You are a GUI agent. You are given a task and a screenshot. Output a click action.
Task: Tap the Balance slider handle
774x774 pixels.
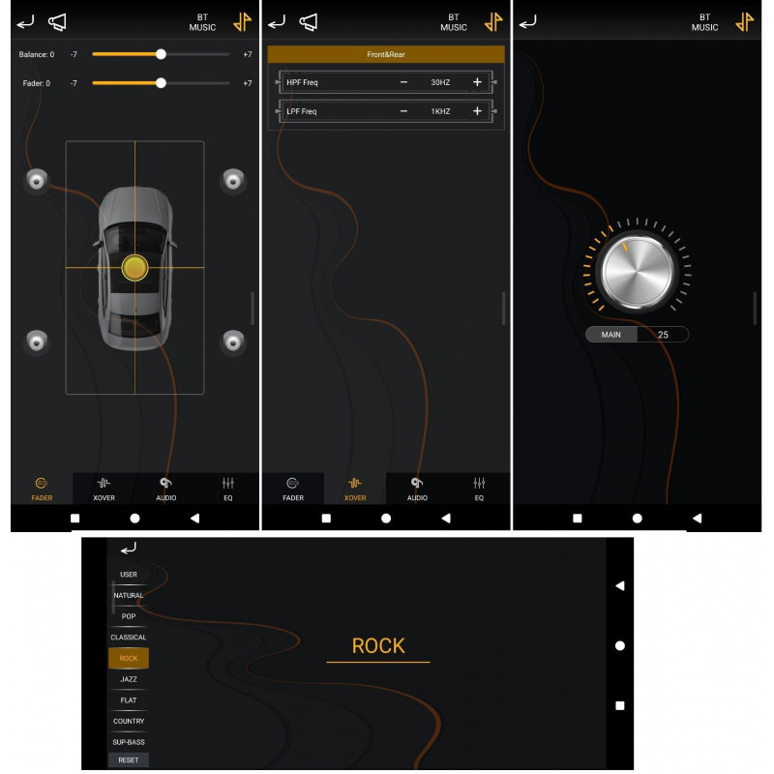tap(161, 54)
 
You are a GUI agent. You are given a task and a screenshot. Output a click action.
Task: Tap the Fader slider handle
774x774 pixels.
tap(161, 83)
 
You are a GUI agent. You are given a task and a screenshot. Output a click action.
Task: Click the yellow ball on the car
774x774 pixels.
tap(134, 268)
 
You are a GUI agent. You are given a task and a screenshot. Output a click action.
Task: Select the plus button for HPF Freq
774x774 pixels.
tap(477, 82)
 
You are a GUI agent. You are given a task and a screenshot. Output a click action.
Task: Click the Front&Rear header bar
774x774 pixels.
tap(385, 54)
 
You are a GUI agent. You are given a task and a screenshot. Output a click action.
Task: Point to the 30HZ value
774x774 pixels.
tap(440, 82)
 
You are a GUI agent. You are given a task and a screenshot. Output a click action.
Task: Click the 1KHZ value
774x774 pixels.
tap(440, 111)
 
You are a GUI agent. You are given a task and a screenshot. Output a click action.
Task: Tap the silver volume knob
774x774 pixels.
tap(637, 273)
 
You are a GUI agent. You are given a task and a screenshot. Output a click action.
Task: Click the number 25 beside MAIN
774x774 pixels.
tap(663, 335)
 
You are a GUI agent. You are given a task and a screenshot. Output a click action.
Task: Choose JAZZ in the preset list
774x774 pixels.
tap(129, 679)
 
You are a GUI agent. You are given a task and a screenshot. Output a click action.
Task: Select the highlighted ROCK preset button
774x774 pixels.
tap(129, 658)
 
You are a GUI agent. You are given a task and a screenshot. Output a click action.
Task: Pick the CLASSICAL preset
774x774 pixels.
tap(129, 638)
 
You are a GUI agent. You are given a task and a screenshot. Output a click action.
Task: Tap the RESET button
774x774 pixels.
tap(129, 759)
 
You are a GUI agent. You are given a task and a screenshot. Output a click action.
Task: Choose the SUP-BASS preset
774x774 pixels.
tap(129, 742)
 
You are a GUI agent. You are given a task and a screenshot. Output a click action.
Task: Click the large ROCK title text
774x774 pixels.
tap(378, 645)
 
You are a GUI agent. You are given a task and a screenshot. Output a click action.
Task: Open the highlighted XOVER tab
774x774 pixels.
tap(355, 490)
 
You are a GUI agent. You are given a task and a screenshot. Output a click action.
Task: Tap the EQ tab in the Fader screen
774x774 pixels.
tap(227, 490)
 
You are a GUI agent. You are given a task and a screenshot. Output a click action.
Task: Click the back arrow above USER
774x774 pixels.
tap(129, 548)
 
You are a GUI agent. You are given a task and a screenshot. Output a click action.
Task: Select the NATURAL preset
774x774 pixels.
tap(129, 595)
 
